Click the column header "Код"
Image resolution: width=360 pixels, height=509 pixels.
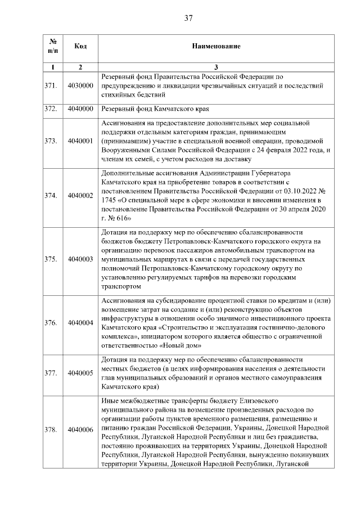pyautogui.click(x=80, y=46)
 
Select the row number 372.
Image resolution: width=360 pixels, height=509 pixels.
pyautogui.click(x=51, y=109)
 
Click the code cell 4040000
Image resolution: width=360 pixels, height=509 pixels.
pyautogui.click(x=80, y=109)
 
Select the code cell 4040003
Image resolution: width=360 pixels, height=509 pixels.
pyautogui.click(x=80, y=259)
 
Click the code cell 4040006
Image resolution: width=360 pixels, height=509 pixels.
pyautogui.click(x=80, y=430)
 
